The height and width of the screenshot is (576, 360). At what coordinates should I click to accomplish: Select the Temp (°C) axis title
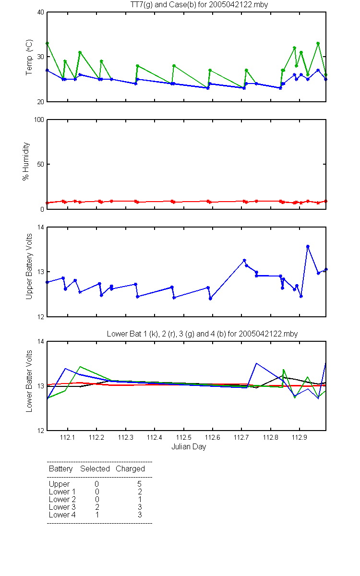[29, 57]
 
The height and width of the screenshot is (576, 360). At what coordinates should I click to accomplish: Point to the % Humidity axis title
[26, 161]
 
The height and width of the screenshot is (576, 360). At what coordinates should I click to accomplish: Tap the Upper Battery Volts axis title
[29, 266]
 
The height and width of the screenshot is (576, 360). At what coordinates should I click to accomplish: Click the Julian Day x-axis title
[189, 447]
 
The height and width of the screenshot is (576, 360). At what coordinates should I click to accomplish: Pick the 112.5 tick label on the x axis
[183, 437]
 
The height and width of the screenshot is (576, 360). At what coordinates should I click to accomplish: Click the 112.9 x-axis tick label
[300, 437]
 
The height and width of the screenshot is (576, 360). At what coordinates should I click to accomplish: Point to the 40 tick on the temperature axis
[41, 12]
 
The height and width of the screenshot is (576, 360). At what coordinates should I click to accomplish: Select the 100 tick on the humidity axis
[39, 120]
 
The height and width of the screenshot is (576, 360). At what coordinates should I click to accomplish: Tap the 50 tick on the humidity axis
[41, 164]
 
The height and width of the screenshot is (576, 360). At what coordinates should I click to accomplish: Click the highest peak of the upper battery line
[308, 246]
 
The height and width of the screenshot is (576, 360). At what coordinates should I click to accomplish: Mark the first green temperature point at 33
[48, 44]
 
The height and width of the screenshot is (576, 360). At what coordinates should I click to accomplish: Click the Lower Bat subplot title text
[202, 334]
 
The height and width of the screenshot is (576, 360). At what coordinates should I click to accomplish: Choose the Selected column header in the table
[95, 468]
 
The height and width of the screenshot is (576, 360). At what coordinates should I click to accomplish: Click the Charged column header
[130, 469]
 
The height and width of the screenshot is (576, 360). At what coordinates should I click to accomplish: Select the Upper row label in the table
[59, 484]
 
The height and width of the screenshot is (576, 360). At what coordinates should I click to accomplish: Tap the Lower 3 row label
[62, 507]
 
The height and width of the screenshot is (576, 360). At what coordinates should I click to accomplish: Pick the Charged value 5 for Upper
[139, 484]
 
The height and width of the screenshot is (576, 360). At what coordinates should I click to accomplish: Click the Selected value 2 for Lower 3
[97, 507]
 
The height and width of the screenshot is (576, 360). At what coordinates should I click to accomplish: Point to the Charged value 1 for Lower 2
[140, 499]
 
